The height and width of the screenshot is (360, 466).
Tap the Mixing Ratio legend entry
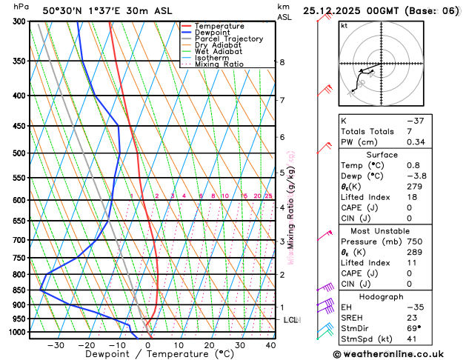coord(218,64)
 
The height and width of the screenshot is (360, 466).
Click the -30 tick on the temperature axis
coord(56,345)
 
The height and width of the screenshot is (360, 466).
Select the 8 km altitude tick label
coord(282,62)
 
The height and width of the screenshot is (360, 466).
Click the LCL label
coord(290,320)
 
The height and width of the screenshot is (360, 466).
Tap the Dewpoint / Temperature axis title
coord(149,355)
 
